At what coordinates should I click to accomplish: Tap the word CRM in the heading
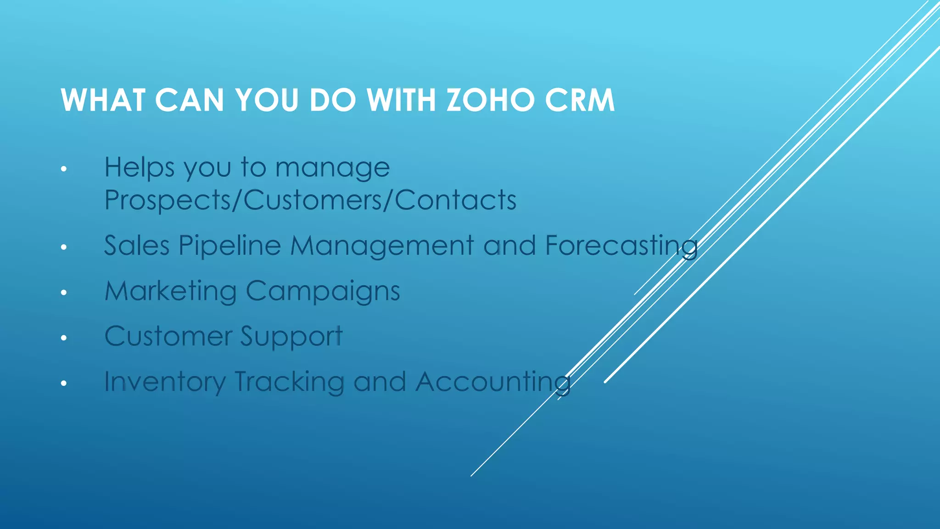(x=580, y=100)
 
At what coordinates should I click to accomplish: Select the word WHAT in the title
(x=103, y=100)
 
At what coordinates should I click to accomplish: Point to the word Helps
(x=140, y=167)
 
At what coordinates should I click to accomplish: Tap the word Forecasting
(x=621, y=246)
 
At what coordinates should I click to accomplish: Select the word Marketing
(x=171, y=292)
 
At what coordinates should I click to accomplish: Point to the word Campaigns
(x=323, y=292)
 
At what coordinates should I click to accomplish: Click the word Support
(x=291, y=337)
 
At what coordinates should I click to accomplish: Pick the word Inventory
(x=165, y=382)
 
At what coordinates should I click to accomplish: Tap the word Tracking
(x=289, y=382)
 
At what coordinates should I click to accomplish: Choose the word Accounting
(x=493, y=382)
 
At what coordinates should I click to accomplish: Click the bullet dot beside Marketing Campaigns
(x=64, y=293)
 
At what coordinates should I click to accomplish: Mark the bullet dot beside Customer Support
(x=64, y=338)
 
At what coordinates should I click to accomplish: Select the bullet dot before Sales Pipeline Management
(x=64, y=248)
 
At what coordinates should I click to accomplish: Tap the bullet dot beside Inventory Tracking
(x=64, y=383)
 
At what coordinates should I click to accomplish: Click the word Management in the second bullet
(x=382, y=246)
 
